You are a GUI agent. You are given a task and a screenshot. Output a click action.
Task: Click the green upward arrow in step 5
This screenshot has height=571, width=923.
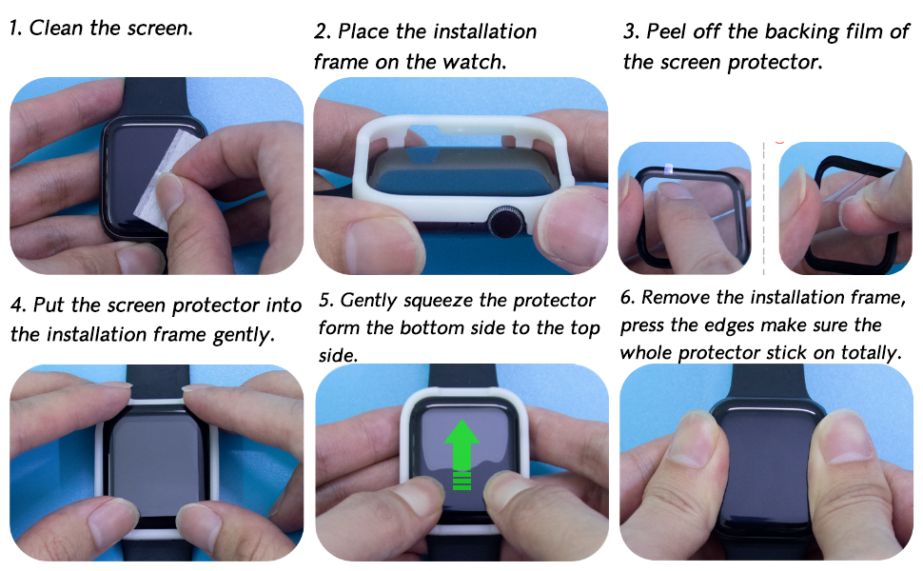point(461,453)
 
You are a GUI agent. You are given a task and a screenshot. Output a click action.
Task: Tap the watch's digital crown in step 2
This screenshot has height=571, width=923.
point(505,222)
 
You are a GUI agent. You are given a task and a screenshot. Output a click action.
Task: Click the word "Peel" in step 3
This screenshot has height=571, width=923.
point(666,31)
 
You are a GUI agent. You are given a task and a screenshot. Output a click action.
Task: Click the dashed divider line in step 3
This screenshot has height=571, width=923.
point(763,207)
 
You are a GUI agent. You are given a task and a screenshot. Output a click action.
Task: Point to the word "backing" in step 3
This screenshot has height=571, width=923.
point(798,31)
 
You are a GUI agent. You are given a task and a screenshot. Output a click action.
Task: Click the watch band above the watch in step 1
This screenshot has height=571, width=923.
point(155,97)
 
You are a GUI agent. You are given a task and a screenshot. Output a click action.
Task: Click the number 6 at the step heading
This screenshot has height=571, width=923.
point(627,297)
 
